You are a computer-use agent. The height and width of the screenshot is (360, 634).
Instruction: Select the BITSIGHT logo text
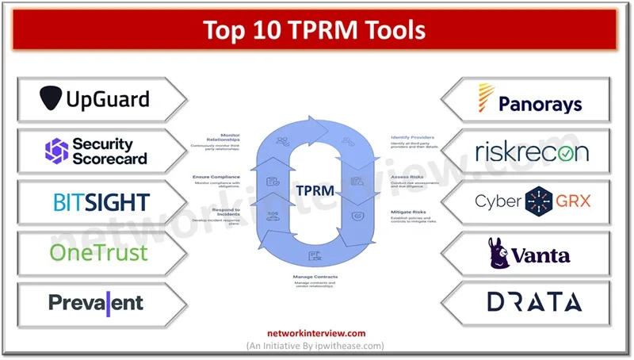pyautogui.click(x=101, y=201)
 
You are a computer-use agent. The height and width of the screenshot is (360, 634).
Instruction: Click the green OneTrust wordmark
pyautogui.click(x=98, y=252)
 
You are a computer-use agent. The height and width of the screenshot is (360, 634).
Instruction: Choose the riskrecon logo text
pyautogui.click(x=532, y=151)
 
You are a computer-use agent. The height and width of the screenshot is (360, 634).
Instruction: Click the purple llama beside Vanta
pyautogui.click(x=501, y=252)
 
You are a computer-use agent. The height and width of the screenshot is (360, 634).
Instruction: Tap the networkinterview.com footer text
pyautogui.click(x=316, y=333)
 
